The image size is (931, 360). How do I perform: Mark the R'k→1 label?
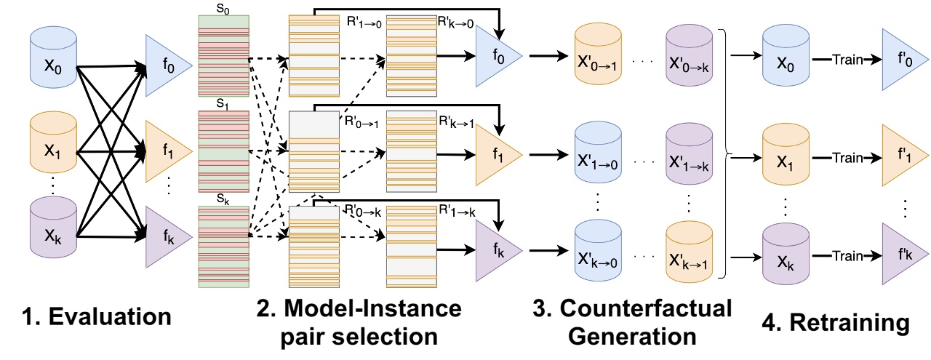pyautogui.click(x=455, y=123)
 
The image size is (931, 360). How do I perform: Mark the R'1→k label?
pyautogui.click(x=455, y=212)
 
